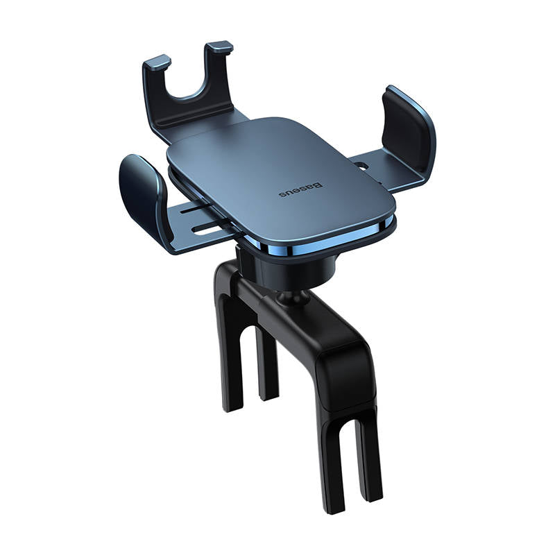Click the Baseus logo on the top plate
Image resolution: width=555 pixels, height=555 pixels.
pos(300,189)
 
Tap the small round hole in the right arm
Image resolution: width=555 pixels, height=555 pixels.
pos(361,165)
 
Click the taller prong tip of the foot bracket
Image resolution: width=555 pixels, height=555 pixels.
pos(219,46)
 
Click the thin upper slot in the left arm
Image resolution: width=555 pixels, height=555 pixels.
pos(196,209)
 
